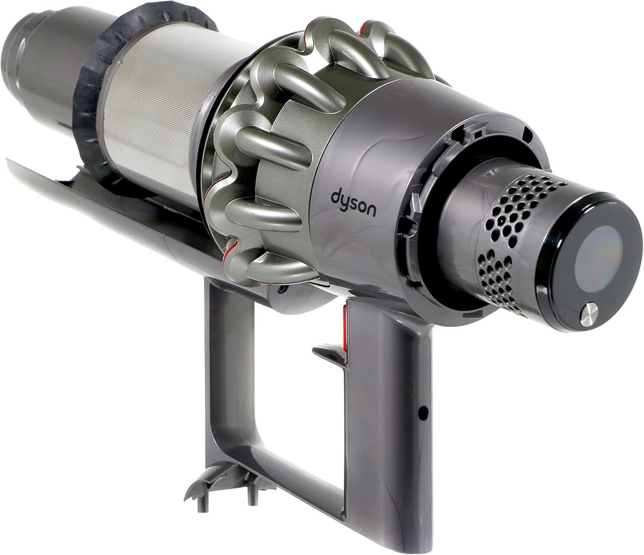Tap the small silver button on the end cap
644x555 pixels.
tap(588, 315)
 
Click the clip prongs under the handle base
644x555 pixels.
tap(224, 484)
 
